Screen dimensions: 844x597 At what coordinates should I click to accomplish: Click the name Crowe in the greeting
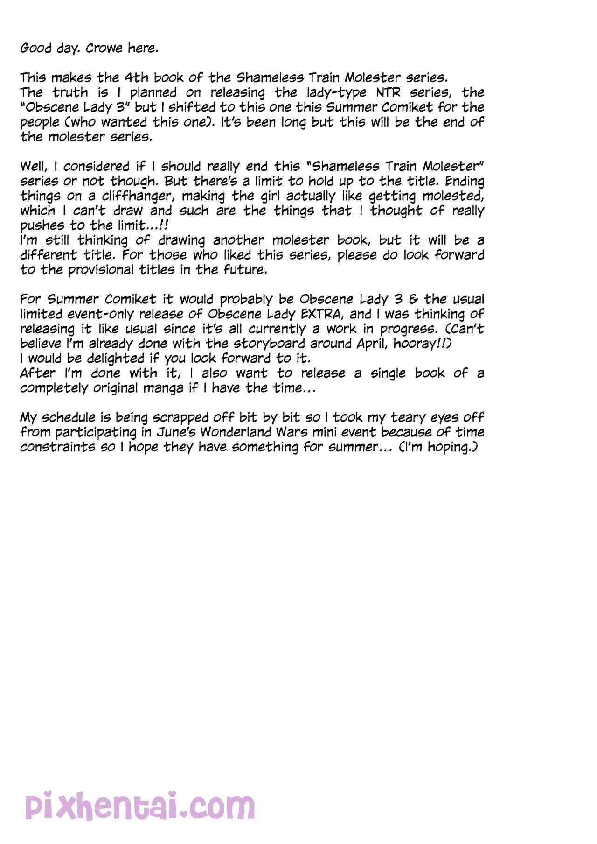pyautogui.click(x=104, y=48)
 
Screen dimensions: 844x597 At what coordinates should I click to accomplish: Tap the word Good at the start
pyautogui.click(x=35, y=48)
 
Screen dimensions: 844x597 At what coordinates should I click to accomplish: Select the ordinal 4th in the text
pyautogui.click(x=136, y=77)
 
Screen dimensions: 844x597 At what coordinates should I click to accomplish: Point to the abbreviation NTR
pyautogui.click(x=388, y=92)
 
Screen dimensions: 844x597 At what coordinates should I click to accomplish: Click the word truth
pyautogui.click(x=70, y=92)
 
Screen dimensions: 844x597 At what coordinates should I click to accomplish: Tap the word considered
pyautogui.click(x=96, y=167)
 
